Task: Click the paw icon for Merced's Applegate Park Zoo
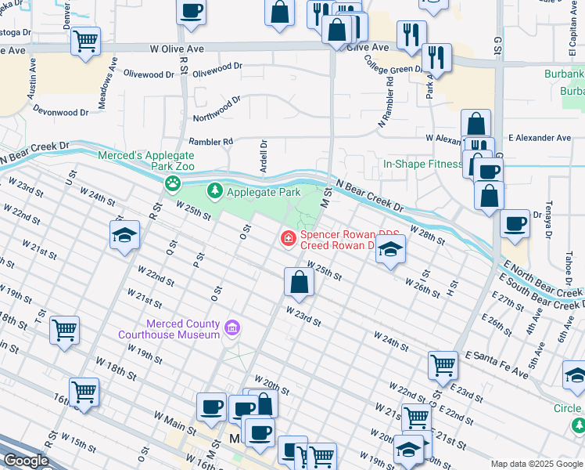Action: pos(172,184)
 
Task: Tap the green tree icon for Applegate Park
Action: pos(214,191)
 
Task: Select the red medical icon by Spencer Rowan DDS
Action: pos(288,237)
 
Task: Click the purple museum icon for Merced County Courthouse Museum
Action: pos(231,327)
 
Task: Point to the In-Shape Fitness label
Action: pos(422,164)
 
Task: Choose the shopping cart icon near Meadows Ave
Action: pos(86,40)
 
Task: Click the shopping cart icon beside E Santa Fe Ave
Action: pos(443,364)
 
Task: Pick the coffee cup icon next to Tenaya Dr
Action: pos(515,224)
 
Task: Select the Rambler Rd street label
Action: pos(217,142)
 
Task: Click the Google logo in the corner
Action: pos(25,461)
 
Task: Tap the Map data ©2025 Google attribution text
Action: pos(536,464)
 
